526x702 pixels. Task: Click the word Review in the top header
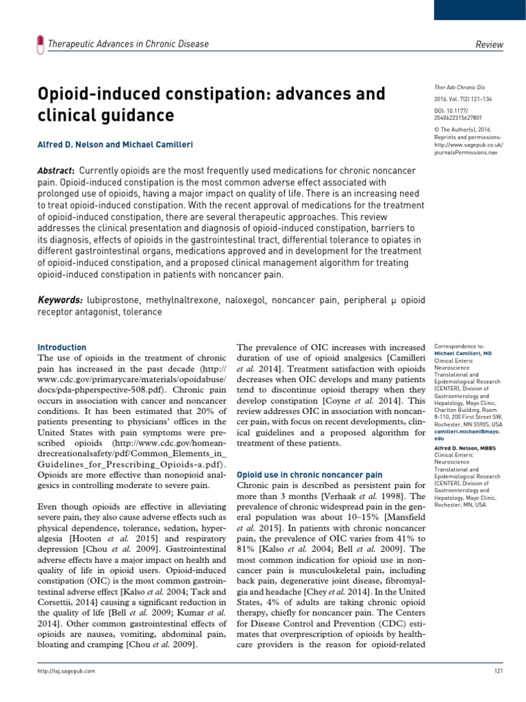tap(489, 45)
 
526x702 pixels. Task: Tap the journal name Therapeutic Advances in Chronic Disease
tap(128, 45)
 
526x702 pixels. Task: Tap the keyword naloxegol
tap(292, 300)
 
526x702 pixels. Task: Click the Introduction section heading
tap(62, 348)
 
